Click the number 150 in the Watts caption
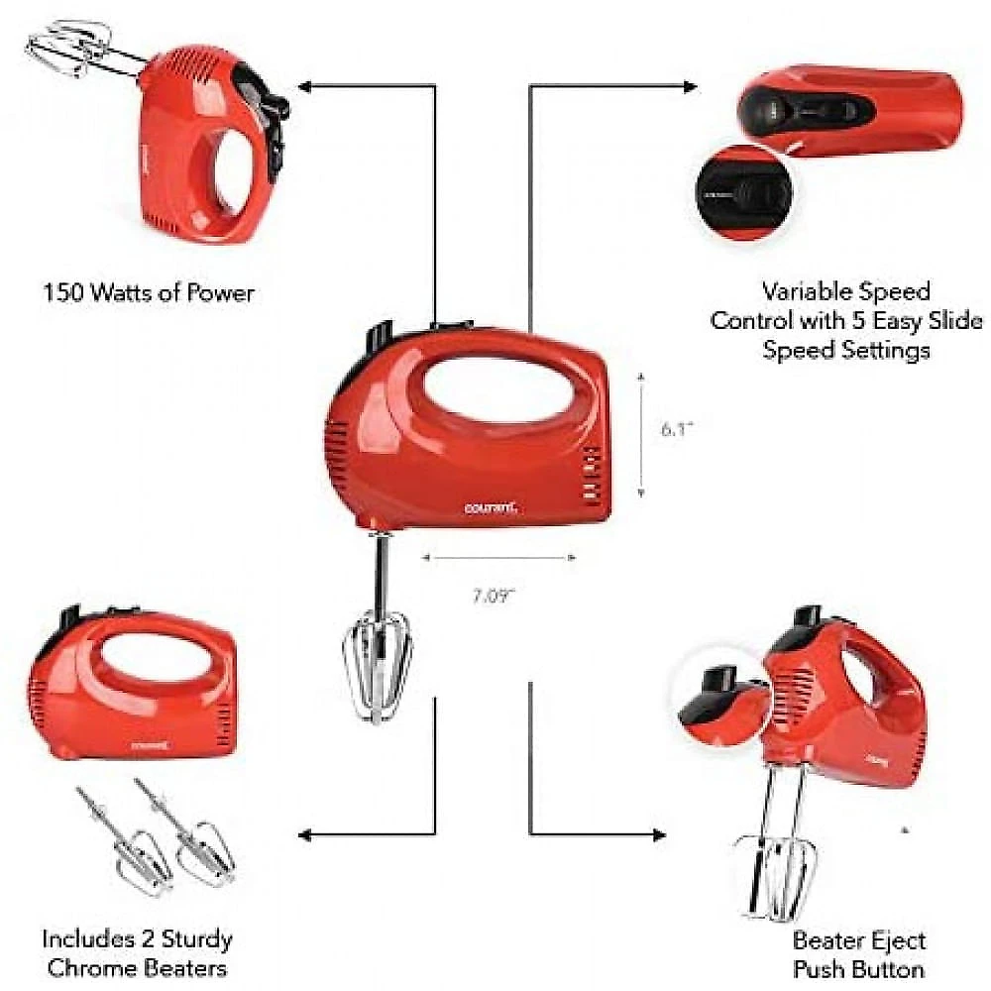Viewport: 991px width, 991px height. (63, 293)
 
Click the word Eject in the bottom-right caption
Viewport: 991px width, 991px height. (898, 940)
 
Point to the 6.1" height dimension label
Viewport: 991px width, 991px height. (677, 430)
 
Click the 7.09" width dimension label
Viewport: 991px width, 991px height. (494, 596)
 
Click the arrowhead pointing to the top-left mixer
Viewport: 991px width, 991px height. (304, 86)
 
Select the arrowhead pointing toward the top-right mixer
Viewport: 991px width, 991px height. (690, 86)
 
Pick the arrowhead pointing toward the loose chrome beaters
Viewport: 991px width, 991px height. (304, 835)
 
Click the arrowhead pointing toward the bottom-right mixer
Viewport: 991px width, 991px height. (659, 835)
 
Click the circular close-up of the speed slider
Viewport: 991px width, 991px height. (746, 192)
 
